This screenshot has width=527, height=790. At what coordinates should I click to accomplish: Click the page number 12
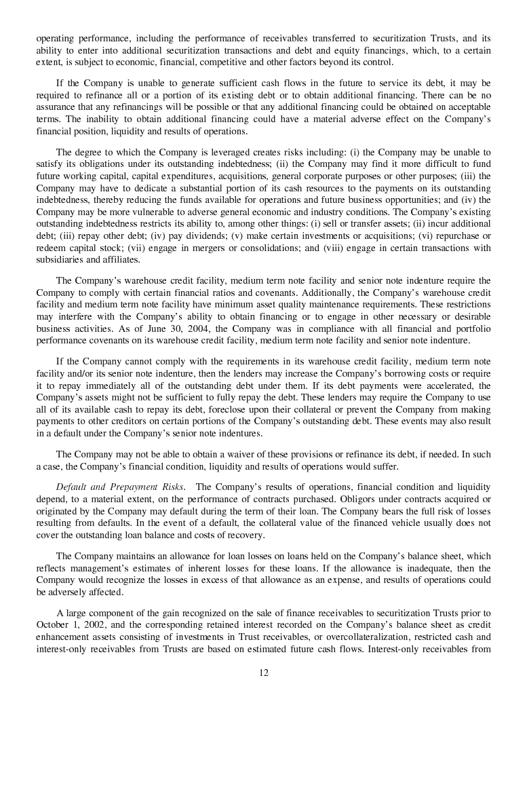(263, 673)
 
